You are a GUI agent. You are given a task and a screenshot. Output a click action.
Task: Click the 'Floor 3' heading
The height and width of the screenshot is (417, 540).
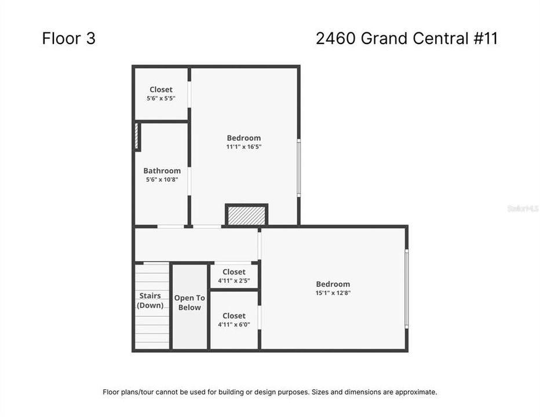click(x=68, y=38)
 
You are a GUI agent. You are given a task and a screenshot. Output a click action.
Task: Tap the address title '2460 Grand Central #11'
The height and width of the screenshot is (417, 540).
click(x=407, y=38)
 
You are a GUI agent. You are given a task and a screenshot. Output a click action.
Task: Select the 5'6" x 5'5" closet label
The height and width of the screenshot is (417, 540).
click(x=161, y=94)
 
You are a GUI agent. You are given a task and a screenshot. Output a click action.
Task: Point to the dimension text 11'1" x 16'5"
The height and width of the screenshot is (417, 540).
click(x=243, y=147)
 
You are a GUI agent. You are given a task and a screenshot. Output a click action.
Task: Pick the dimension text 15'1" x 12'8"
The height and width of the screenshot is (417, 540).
click(x=333, y=293)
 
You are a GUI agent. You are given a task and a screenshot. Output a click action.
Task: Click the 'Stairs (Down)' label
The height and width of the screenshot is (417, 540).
click(x=151, y=301)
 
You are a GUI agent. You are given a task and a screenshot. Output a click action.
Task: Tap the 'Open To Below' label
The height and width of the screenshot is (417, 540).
click(x=189, y=303)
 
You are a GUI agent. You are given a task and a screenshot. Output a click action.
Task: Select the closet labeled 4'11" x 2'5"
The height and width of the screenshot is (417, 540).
click(x=233, y=276)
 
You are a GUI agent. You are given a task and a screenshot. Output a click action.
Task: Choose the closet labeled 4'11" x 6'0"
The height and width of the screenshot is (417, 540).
click(x=233, y=320)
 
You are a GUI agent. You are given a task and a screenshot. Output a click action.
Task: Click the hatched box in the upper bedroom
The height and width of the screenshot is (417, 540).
click(x=246, y=215)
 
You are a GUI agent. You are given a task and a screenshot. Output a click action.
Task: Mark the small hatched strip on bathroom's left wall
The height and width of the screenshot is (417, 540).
click(x=137, y=137)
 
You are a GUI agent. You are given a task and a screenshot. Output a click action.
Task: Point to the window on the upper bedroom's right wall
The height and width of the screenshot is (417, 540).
click(x=299, y=168)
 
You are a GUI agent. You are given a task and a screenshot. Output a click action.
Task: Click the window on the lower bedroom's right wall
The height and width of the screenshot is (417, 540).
click(x=406, y=288)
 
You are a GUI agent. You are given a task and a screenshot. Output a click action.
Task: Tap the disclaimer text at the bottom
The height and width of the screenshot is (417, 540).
click(x=270, y=392)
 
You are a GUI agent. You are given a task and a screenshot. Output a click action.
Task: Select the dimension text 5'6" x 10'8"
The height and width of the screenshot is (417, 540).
click(x=162, y=180)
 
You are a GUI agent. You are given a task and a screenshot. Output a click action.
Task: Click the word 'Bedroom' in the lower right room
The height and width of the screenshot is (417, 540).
click(x=333, y=284)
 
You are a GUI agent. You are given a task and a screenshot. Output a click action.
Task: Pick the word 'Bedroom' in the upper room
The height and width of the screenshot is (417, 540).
click(x=243, y=138)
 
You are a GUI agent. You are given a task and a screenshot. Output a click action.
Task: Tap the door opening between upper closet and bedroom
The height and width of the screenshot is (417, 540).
click(x=189, y=94)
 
